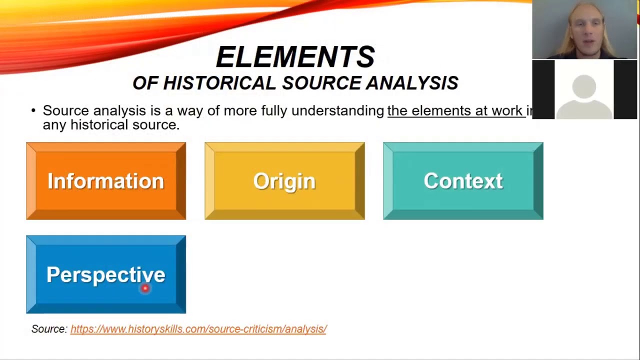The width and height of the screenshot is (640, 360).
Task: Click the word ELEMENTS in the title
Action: coord(295,57)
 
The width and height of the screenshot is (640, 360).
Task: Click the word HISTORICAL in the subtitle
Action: coord(219,83)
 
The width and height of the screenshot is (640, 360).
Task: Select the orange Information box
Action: coord(106,181)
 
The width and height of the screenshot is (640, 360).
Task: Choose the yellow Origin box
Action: coord(284,181)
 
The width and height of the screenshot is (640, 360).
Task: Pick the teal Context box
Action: coord(463,181)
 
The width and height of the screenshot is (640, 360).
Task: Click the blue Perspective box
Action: coord(106,274)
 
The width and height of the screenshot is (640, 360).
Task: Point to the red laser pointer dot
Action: coord(145,288)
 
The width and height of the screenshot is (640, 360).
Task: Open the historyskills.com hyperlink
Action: coord(198,329)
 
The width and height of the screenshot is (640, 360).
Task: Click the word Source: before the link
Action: coord(49,329)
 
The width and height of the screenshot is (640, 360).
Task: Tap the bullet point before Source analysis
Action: coord(33,110)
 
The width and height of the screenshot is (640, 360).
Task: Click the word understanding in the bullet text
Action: coord(337,111)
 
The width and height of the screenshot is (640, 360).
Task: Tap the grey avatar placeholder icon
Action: coord(584,92)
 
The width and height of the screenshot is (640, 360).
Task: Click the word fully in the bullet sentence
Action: coord(274,111)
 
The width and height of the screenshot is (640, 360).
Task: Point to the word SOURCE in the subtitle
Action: coord(321,83)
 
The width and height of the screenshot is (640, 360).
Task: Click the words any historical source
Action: coord(110,125)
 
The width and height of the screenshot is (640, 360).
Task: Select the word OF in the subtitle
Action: coord(145,83)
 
